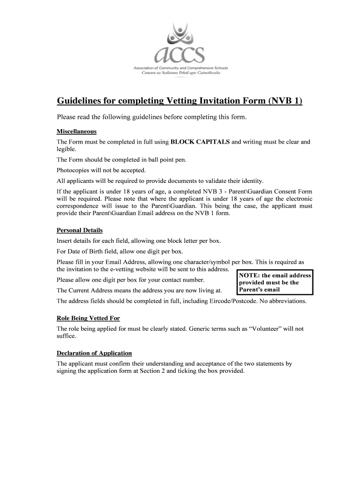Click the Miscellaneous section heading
pos(76,131)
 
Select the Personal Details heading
pos(79,230)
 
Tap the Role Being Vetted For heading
pos(88,318)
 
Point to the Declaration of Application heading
pos(94,353)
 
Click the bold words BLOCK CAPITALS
pos(200,142)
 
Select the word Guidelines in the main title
pos(79,101)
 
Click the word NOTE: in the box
pos(249,276)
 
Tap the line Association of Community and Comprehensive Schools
pos(180,68)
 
